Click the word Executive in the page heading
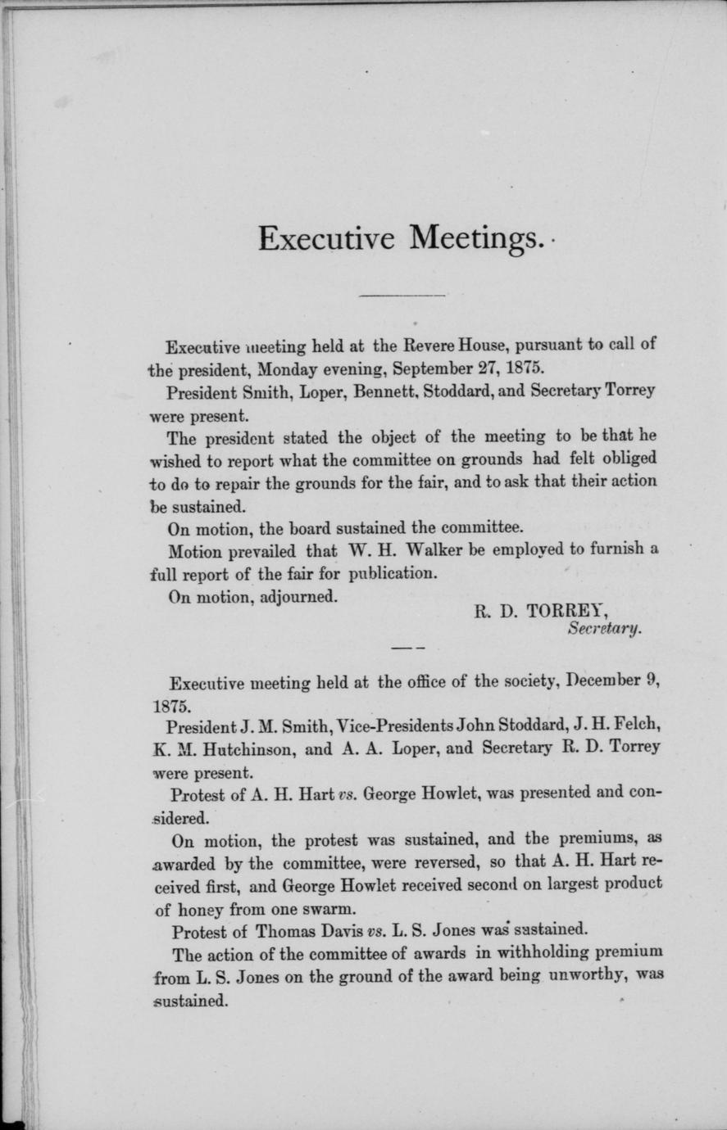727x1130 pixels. pyautogui.click(x=327, y=237)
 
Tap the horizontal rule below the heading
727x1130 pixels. pyautogui.click(x=402, y=294)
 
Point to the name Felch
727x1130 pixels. pyautogui.click(x=637, y=725)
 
